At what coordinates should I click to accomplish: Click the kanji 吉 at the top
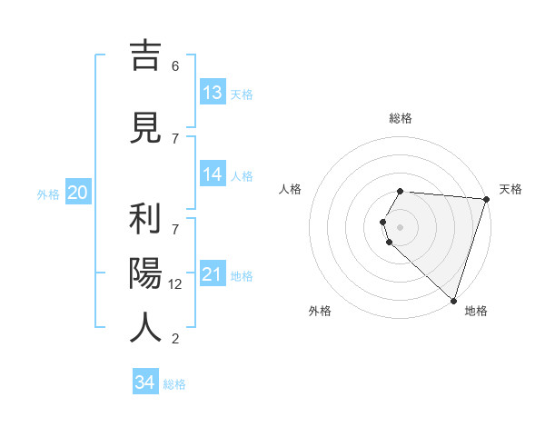click(145, 56)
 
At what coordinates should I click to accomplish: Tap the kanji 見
click(145, 127)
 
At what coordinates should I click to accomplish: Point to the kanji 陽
click(145, 273)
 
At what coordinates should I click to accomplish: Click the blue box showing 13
click(213, 93)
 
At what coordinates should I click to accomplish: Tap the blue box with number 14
click(213, 175)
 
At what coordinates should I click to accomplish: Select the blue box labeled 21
click(213, 275)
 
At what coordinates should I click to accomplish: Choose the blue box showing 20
click(78, 193)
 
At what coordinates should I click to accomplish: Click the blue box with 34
click(145, 382)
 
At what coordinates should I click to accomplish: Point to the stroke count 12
click(176, 284)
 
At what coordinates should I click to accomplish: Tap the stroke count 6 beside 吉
click(175, 66)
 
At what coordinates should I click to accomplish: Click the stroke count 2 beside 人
click(175, 339)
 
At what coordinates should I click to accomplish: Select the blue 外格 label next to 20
click(48, 194)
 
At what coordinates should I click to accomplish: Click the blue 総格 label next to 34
click(174, 384)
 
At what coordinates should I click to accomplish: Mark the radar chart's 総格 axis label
click(401, 118)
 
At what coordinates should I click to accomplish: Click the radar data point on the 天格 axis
click(487, 199)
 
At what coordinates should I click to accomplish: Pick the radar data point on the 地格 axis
click(453, 300)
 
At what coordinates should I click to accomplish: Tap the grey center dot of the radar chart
click(401, 225)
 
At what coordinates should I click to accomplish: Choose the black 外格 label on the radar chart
click(320, 311)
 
